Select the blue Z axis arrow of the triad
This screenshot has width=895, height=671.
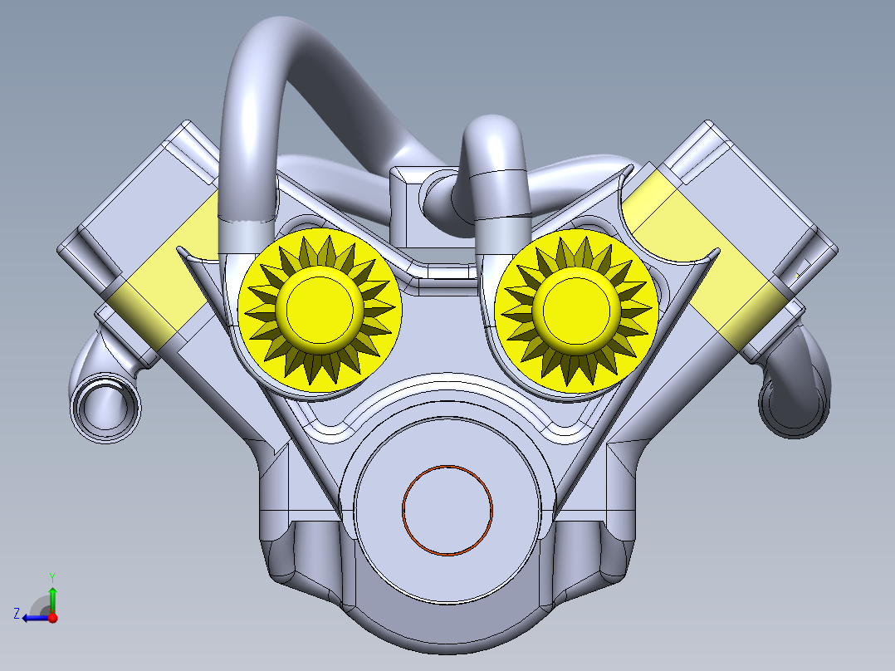click(x=33, y=617)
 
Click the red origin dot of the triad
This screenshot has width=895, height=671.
click(x=52, y=617)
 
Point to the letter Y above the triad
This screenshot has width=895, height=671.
click(x=51, y=576)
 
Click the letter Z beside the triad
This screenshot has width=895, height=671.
click(x=16, y=614)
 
